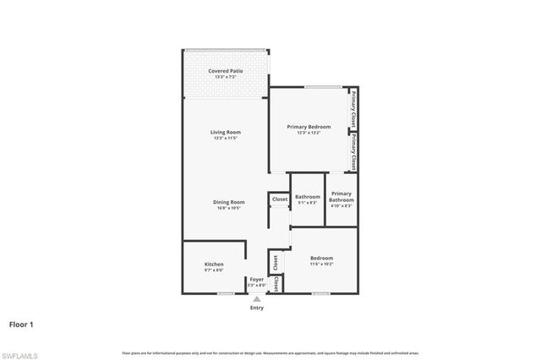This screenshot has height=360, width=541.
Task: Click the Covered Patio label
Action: point(226,71)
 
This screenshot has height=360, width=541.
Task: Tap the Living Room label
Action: point(226,132)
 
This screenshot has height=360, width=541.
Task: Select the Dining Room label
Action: point(228,202)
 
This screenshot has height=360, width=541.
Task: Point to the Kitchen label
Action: point(214,265)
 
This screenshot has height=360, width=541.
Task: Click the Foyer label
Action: point(256,280)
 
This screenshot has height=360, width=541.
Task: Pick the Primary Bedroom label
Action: point(313,127)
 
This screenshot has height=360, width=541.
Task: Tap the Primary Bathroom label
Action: point(341,197)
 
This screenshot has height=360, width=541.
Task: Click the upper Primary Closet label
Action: point(352,108)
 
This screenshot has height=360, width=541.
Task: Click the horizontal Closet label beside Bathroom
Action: point(280,200)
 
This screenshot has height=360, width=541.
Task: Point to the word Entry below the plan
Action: point(256,308)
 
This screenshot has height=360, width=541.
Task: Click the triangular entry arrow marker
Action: point(256,298)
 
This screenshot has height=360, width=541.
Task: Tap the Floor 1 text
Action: point(22,324)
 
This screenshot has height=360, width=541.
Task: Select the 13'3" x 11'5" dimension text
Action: point(226,139)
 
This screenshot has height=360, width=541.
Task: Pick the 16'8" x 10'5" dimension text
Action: point(228,209)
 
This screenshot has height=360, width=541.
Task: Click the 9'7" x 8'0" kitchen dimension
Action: point(214,270)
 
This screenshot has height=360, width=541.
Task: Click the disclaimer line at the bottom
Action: point(270,352)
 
